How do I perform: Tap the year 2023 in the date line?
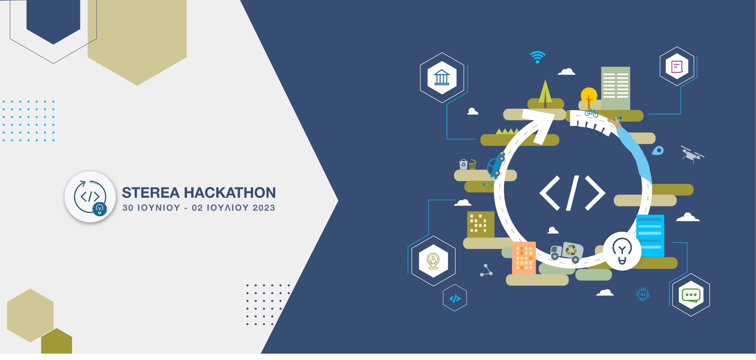click(x=264, y=208)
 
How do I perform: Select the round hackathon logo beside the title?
click(x=90, y=197)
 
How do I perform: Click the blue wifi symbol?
click(x=537, y=57)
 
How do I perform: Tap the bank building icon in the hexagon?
click(x=442, y=78)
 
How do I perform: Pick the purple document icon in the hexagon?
click(x=677, y=66)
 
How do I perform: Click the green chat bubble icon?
click(x=691, y=295)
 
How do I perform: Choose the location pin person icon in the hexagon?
click(x=433, y=261)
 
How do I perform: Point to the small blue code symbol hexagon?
click(x=455, y=299)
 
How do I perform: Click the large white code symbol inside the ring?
click(x=572, y=193)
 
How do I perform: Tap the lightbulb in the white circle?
click(x=622, y=251)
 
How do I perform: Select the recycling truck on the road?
click(x=567, y=252)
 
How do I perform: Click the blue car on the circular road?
click(x=496, y=165)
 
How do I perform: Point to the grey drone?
click(x=692, y=154)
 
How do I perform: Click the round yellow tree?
click(x=589, y=96)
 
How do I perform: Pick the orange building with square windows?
click(x=524, y=258)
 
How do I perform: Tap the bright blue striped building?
click(x=650, y=235)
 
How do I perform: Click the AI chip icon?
click(x=643, y=294)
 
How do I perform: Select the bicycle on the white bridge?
click(x=591, y=113)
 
